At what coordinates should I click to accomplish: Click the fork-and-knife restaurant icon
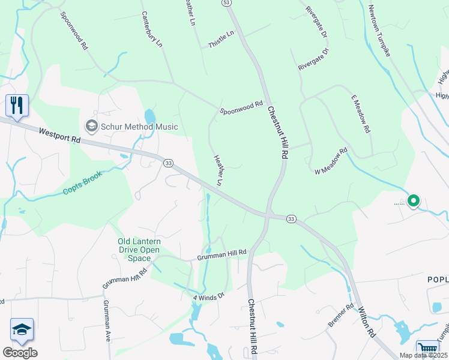pyautogui.click(x=16, y=106)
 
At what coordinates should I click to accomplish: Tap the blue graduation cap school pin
pyautogui.click(x=21, y=329)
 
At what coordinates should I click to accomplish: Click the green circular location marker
pyautogui.click(x=413, y=201)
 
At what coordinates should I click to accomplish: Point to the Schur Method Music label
pyautogui.click(x=139, y=127)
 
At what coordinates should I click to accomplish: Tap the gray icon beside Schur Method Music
pyautogui.click(x=91, y=126)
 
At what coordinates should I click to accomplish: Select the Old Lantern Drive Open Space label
pyautogui.click(x=139, y=250)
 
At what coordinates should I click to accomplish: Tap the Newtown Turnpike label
pyautogui.click(x=379, y=31)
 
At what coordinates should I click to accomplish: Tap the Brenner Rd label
pyautogui.click(x=341, y=316)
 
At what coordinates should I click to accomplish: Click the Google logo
pyautogui.click(x=20, y=353)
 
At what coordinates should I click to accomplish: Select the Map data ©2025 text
pyautogui.click(x=423, y=355)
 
